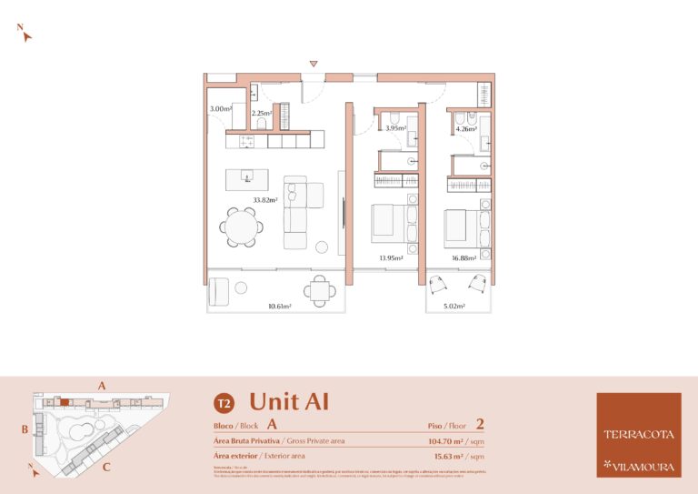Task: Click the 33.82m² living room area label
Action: [x=264, y=200]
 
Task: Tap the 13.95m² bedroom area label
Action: [x=391, y=258]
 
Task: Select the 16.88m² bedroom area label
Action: [x=464, y=258]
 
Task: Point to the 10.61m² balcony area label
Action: [x=279, y=307]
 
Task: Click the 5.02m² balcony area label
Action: [x=454, y=307]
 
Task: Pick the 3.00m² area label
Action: [x=221, y=109]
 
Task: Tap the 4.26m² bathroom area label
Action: [x=467, y=128]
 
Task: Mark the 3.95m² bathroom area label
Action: [x=395, y=128]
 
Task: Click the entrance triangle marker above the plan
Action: [x=314, y=64]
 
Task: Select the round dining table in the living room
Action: [x=243, y=227]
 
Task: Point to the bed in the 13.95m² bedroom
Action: [x=391, y=224]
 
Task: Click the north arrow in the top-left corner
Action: [x=26, y=35]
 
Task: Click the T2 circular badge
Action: [x=222, y=402]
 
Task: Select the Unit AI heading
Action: [x=289, y=401]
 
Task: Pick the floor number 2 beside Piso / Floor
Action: [x=479, y=424]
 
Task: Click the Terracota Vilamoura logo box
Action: [x=639, y=435]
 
